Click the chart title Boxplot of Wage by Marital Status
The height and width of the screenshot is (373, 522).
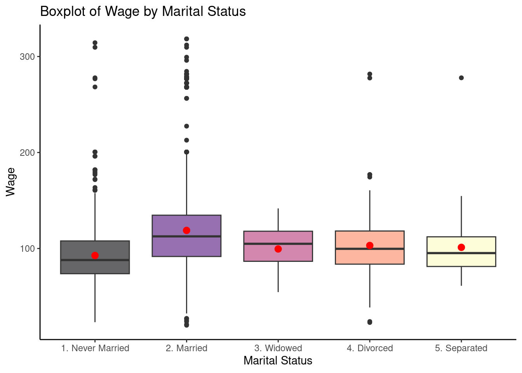[143, 12]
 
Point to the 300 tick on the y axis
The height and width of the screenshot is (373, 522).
[27, 57]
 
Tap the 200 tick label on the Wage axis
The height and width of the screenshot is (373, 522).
[27, 153]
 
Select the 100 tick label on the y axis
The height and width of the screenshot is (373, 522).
[27, 249]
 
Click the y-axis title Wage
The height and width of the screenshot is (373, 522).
[10, 182]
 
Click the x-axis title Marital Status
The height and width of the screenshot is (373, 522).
[278, 361]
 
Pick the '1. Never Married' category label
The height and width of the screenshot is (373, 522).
[95, 348]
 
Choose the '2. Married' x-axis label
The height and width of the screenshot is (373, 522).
[186, 348]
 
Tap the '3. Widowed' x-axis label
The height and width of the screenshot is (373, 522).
[278, 348]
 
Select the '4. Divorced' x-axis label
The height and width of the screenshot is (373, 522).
[370, 348]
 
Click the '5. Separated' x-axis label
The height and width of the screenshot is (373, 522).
[461, 348]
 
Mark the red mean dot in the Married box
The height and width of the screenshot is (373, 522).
[186, 230]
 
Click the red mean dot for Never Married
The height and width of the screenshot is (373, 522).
[95, 255]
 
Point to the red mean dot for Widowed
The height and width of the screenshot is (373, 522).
[278, 249]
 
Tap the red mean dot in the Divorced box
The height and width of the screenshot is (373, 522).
[370, 245]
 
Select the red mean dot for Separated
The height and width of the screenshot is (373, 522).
[461, 247]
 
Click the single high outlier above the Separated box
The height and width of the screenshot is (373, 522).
[461, 78]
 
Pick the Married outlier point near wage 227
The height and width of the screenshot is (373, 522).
[186, 126]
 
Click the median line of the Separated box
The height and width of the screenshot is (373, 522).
[461, 253]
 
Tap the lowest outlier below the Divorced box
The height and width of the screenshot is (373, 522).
[370, 322]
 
